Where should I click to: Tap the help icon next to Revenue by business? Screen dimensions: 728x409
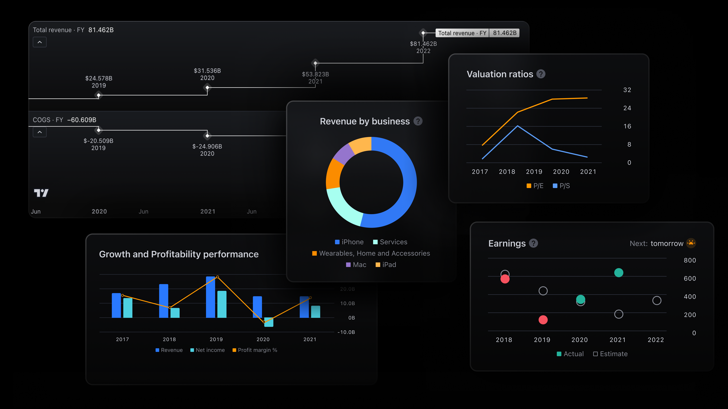point(418,121)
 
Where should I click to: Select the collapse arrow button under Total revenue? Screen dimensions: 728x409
point(40,42)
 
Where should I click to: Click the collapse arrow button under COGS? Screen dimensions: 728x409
point(40,132)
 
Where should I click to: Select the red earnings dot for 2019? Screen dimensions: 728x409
point(543,320)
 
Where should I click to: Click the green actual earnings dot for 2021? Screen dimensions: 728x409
point(619,273)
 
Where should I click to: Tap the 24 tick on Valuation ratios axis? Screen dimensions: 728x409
point(627,108)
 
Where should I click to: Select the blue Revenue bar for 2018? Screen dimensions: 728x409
point(164,301)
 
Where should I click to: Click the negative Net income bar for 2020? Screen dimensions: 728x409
point(269,322)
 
